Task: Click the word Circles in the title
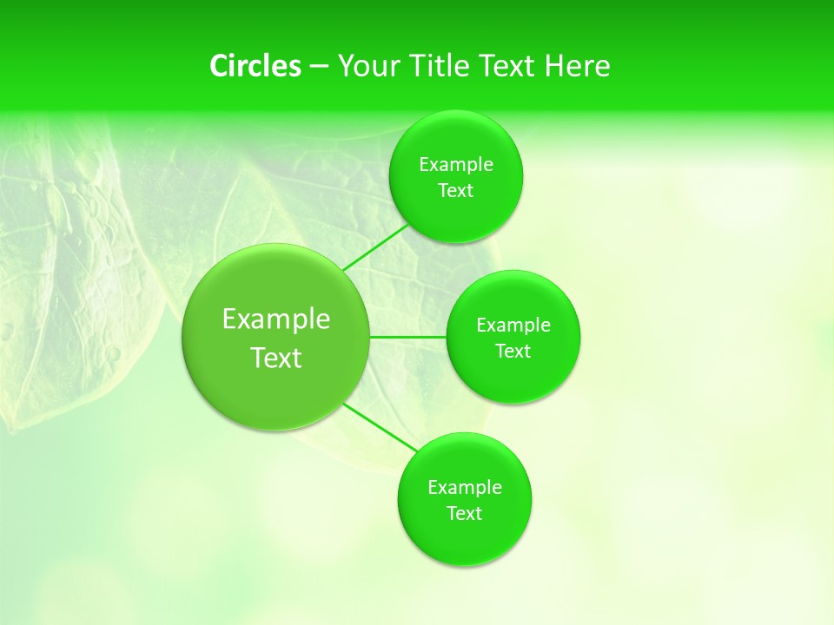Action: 255,66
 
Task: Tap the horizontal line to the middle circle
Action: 408,336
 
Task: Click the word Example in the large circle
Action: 276,319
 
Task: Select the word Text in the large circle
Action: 276,358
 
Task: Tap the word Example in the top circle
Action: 456,165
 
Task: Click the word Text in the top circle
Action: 456,191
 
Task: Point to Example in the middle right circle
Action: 513,326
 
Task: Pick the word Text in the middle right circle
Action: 513,352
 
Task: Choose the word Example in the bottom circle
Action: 465,488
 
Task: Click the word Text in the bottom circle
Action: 465,514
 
